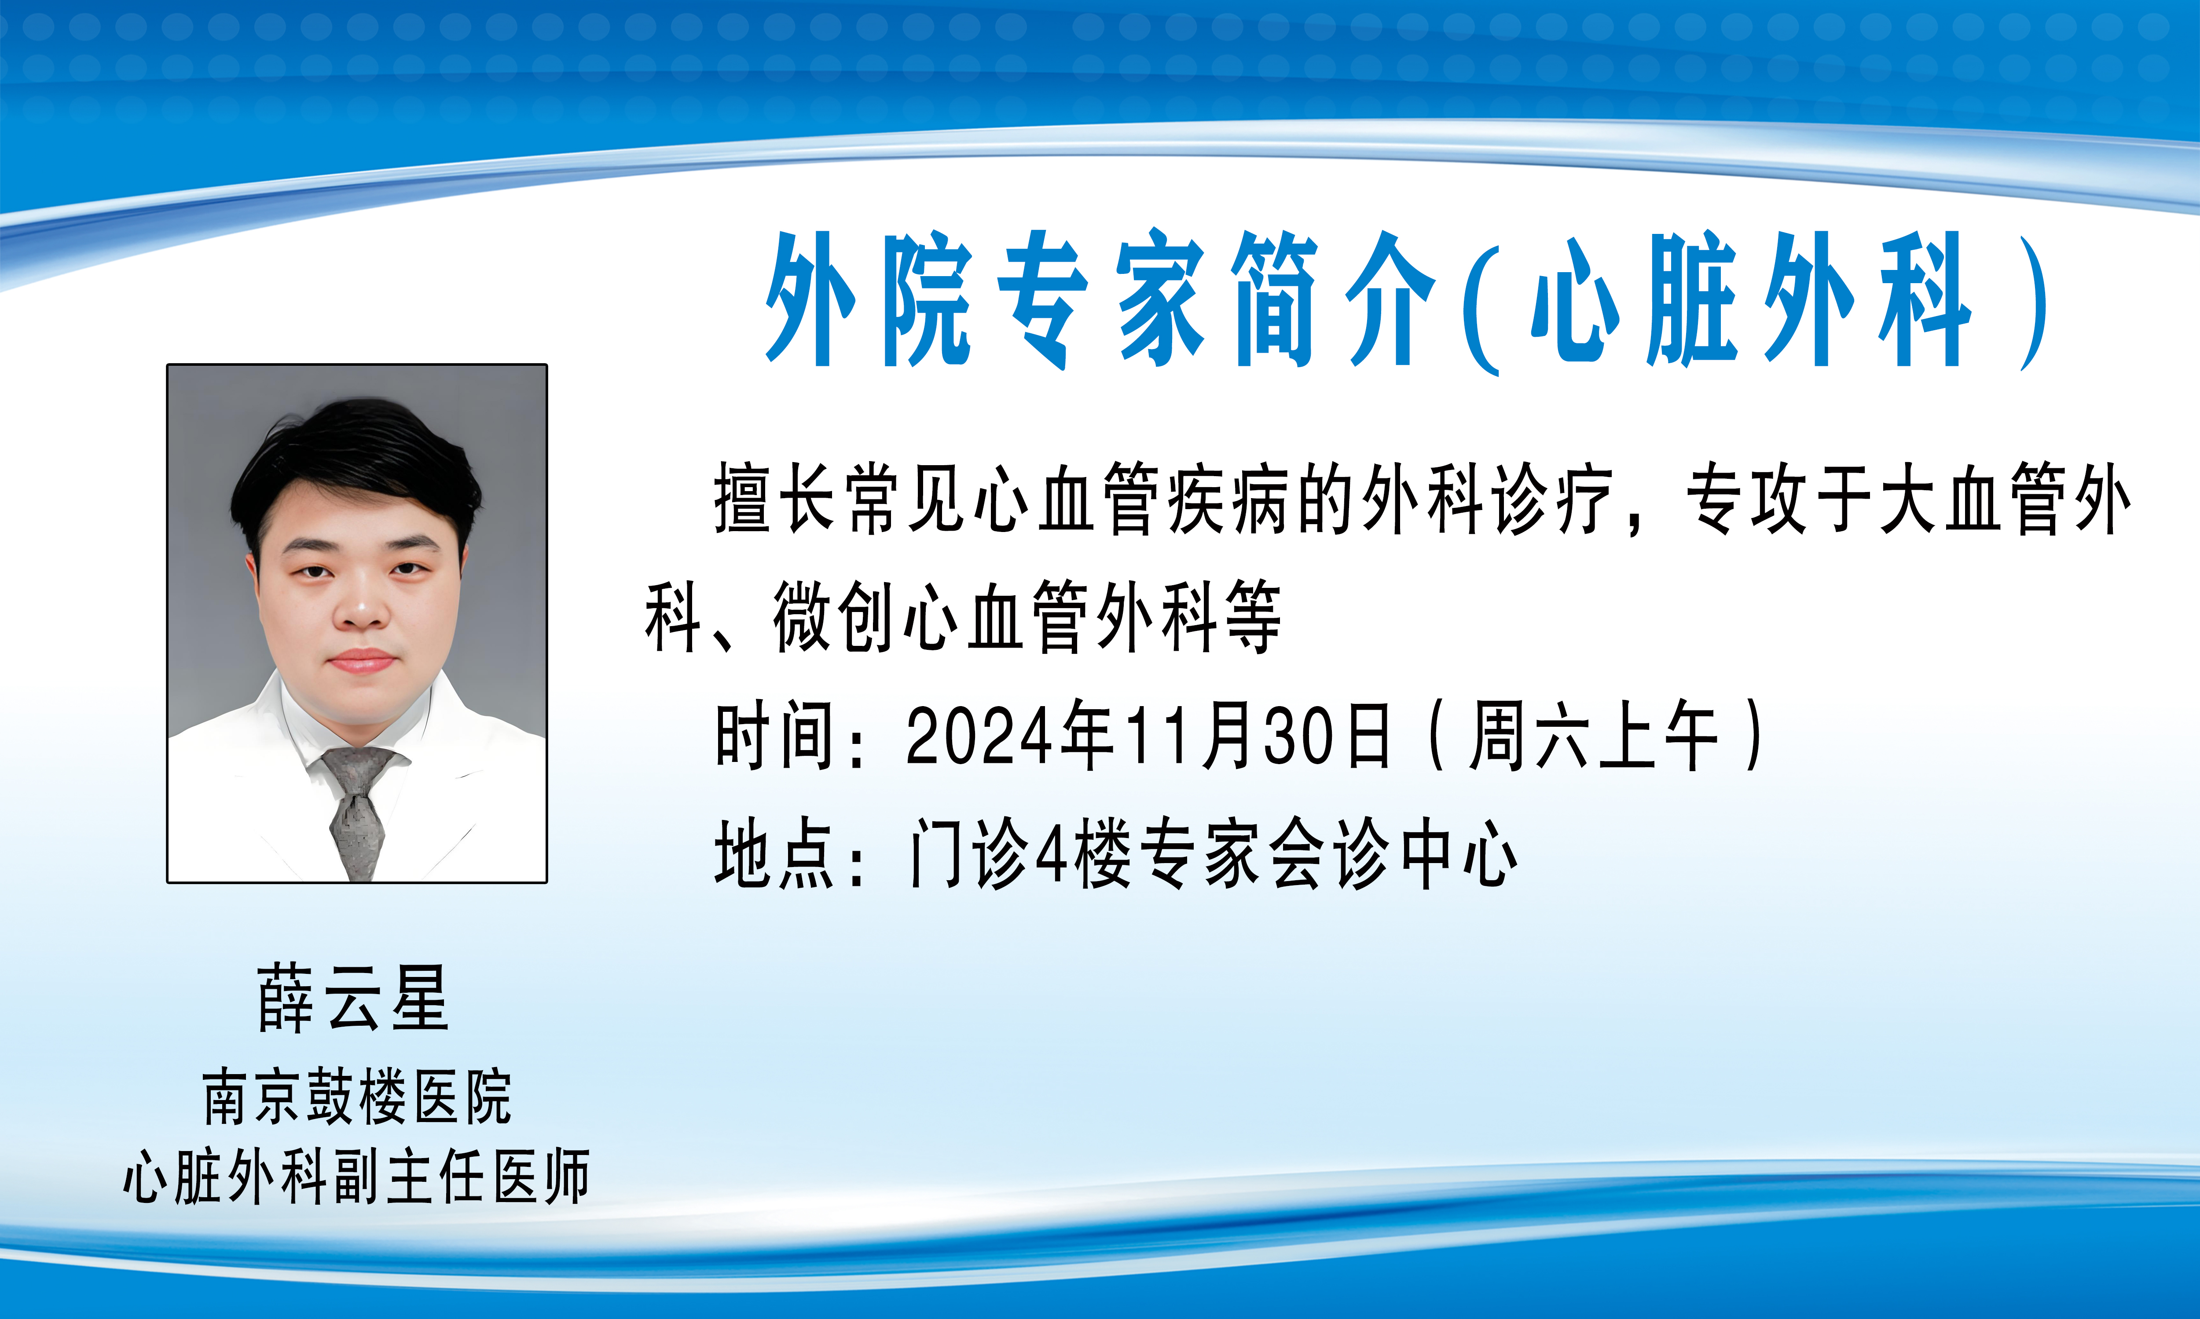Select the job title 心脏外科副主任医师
(x=356, y=1176)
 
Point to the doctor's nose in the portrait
(x=360, y=609)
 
